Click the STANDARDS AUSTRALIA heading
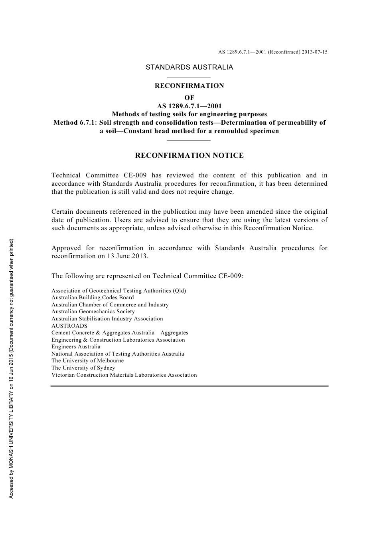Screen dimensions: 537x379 189,67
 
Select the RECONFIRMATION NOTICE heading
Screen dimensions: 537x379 189,155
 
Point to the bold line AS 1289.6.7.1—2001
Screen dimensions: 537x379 189,106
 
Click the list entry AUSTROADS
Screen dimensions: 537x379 69,326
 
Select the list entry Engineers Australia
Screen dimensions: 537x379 76,347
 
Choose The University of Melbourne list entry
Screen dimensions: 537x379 88,361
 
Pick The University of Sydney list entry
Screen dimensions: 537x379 83,368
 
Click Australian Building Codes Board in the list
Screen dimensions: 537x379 93,298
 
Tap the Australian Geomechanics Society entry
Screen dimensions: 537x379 93,312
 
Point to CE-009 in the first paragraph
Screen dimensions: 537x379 134,175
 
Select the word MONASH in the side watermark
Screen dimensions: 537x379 12,444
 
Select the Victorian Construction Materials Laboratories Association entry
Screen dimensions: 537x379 124,375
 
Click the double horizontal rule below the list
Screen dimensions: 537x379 189,386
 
